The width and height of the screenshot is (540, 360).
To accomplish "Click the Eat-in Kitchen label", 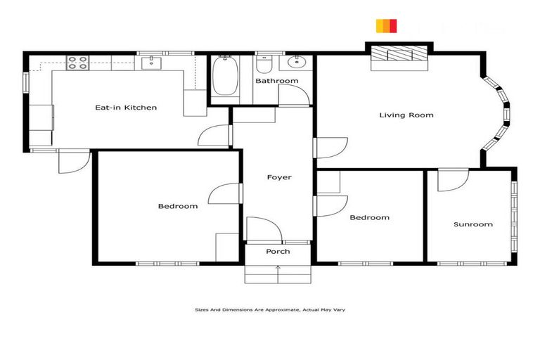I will (126, 108).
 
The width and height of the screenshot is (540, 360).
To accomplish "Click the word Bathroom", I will (276, 81).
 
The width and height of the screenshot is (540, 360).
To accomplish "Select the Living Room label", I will (406, 115).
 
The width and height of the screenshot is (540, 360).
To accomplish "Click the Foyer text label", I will (278, 177).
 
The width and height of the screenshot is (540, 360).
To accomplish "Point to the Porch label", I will (278, 252).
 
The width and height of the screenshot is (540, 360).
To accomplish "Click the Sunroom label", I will (472, 224).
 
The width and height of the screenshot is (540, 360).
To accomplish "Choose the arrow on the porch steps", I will (278, 269).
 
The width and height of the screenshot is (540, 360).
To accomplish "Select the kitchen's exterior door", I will (73, 162).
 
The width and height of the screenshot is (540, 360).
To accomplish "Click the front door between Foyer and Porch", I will (264, 231).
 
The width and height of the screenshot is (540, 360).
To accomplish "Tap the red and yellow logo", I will (387, 26).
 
